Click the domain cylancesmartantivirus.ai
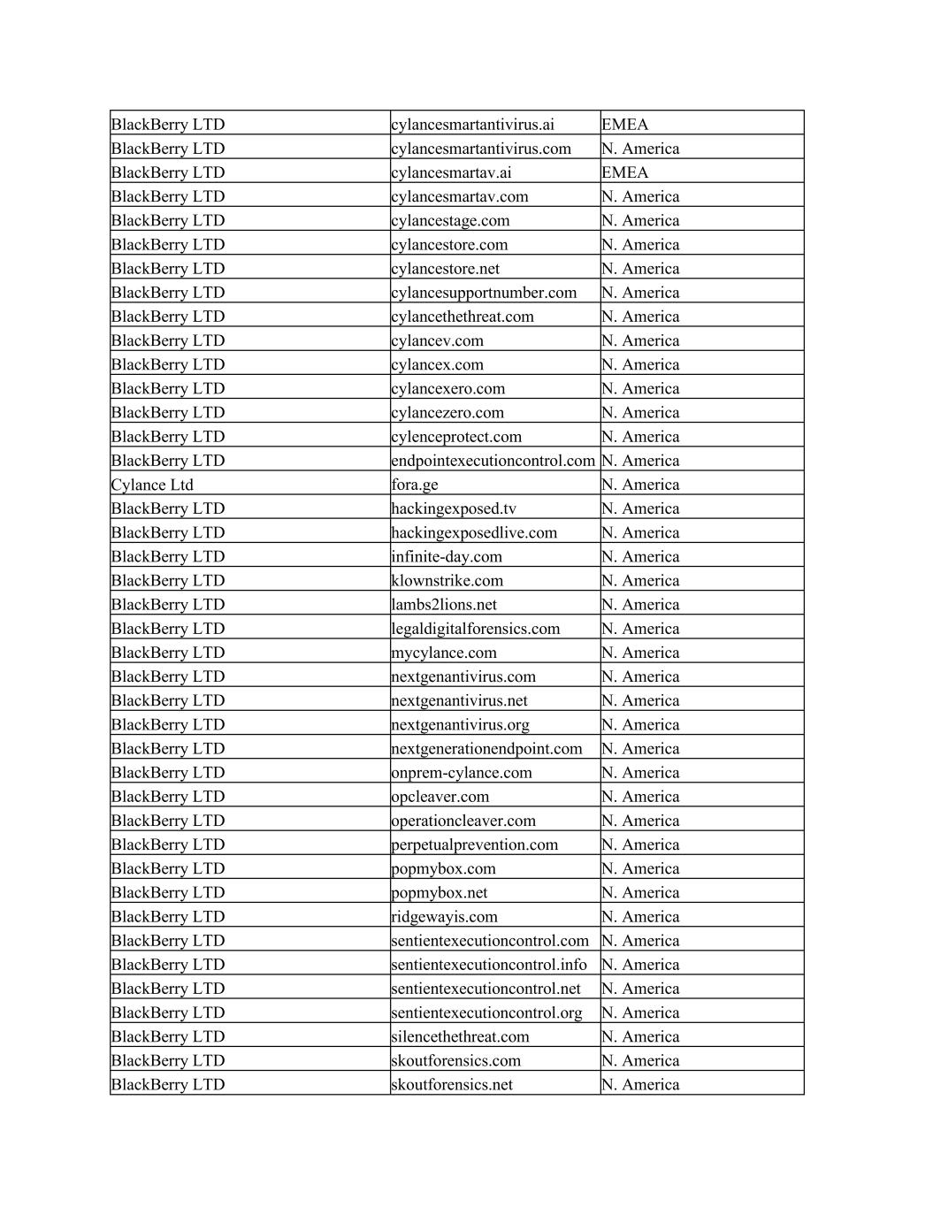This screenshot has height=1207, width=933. pyautogui.click(x=472, y=125)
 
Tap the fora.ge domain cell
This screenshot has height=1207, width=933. pyautogui.click(x=415, y=485)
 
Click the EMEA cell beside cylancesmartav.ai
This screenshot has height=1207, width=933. pyautogui.click(x=625, y=172)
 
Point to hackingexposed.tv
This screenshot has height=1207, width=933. pyautogui.click(x=454, y=508)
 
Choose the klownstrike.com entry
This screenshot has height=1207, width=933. pyautogui.click(x=447, y=581)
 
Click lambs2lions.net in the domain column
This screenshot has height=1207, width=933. pyautogui.click(x=444, y=605)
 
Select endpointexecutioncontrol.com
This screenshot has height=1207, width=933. pyautogui.click(x=493, y=461)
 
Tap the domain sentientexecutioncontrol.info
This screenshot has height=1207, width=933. pyautogui.click(x=489, y=965)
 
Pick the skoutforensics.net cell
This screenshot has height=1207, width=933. pyautogui.click(x=452, y=1085)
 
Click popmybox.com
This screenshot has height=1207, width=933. pyautogui.click(x=443, y=868)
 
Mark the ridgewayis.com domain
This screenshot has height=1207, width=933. pyautogui.click(x=444, y=917)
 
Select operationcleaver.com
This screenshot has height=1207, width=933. pyautogui.click(x=463, y=821)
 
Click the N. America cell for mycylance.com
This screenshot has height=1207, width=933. pyautogui.click(x=640, y=653)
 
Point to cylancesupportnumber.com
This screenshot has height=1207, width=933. pyautogui.click(x=484, y=293)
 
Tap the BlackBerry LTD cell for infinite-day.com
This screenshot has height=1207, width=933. pyautogui.click(x=168, y=556)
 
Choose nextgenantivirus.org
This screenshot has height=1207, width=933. pyautogui.click(x=460, y=724)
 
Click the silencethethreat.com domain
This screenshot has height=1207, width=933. pyautogui.click(x=460, y=1036)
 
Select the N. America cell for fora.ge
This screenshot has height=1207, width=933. pyautogui.click(x=640, y=485)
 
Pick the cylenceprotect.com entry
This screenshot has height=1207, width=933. pyautogui.click(x=456, y=437)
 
